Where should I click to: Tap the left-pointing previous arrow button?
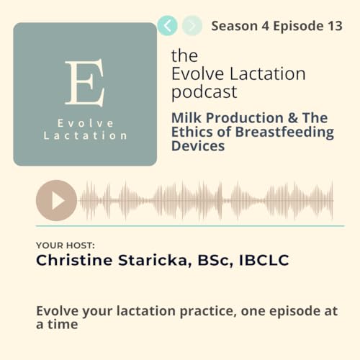tap(168, 27)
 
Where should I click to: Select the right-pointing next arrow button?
tap(192, 27)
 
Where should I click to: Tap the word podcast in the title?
tap(204, 92)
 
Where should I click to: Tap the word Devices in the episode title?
tap(198, 146)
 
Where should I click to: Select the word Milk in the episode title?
tap(187, 117)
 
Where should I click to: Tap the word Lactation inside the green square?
tap(85, 135)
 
